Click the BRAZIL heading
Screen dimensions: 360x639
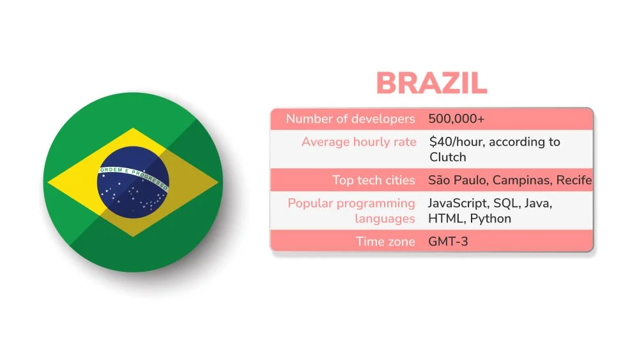tap(431, 84)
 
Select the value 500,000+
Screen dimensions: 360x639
tap(456, 118)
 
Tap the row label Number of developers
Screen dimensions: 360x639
tap(350, 118)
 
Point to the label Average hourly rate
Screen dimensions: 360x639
tap(358, 142)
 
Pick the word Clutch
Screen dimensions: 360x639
tap(448, 157)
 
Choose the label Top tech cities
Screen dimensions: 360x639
tap(374, 180)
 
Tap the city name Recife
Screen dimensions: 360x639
tap(574, 180)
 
